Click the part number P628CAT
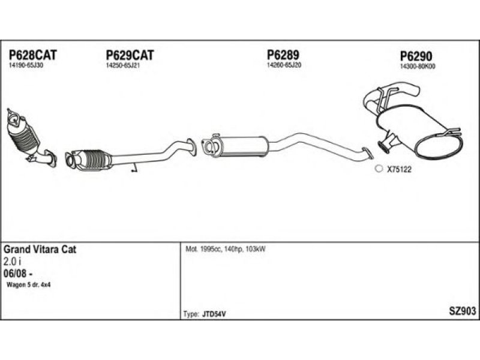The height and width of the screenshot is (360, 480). [33, 55]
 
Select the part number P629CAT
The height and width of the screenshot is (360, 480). [130, 55]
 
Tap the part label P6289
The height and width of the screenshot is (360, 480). [283, 55]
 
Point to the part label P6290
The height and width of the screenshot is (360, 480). [416, 56]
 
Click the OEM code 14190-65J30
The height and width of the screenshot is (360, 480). [26, 65]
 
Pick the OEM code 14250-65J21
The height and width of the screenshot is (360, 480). [123, 65]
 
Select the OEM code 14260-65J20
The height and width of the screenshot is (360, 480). [284, 65]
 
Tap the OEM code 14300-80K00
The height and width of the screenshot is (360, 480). [418, 67]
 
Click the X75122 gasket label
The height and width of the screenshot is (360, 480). [399, 169]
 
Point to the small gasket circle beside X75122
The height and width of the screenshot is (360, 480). [379, 169]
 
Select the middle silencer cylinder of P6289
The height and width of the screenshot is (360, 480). [244, 146]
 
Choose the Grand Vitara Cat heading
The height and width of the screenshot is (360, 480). [40, 250]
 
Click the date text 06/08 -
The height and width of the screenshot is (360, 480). [18, 274]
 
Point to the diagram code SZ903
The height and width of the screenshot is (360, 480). [462, 311]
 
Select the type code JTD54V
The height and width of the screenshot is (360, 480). [214, 314]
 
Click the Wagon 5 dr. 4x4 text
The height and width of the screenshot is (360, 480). [28, 285]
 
